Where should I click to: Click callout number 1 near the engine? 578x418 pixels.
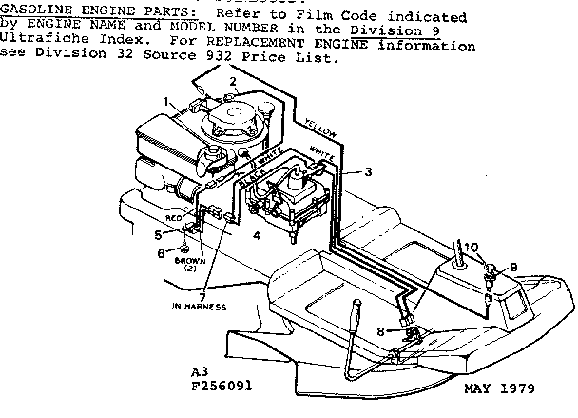(x=168, y=101)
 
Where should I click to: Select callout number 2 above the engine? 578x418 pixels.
(x=232, y=81)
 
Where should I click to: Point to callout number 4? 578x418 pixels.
(x=257, y=234)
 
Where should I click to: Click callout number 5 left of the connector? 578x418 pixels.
(x=158, y=233)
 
